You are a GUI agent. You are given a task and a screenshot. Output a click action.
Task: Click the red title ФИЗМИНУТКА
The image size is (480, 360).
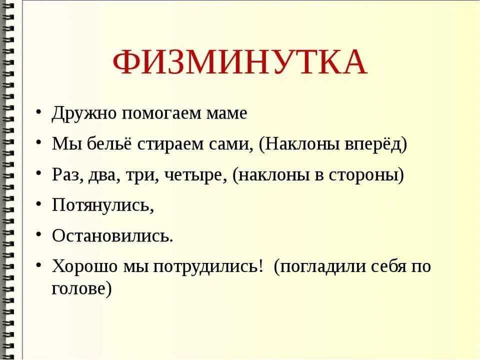[x=240, y=62]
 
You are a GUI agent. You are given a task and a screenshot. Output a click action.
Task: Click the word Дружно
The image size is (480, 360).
[x=79, y=113]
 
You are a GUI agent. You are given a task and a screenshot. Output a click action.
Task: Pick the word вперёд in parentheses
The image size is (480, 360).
[x=375, y=145]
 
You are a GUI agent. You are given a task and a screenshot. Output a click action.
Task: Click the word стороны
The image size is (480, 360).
[x=368, y=176]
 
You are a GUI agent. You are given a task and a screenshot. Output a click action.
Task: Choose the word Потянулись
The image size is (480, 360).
[x=102, y=205]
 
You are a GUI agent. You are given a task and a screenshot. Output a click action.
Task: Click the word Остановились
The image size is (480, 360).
[x=112, y=235]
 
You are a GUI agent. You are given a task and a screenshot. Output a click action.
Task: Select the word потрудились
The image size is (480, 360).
[x=208, y=266]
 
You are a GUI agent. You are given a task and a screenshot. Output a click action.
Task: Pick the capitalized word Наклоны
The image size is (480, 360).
[x=299, y=145]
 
